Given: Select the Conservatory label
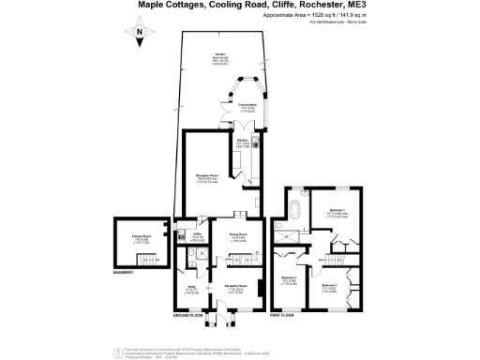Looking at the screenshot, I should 247,105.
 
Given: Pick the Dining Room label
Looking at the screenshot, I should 238,234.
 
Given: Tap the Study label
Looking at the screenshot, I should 191,289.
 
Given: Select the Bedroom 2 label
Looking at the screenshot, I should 289,279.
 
